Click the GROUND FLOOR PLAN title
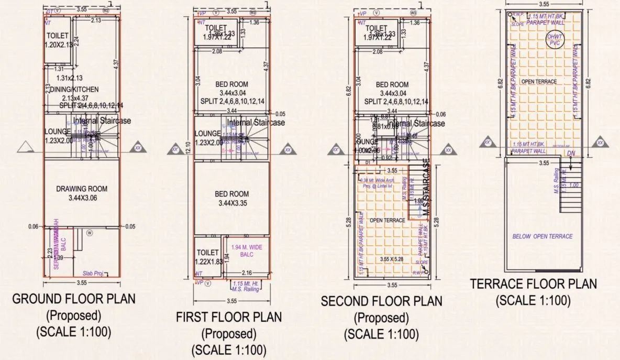click(73, 299)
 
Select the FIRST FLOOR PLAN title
click(228, 317)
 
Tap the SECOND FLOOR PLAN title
click(381, 301)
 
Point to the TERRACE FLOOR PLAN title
click(533, 284)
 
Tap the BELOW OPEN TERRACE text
click(542, 236)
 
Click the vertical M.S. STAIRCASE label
click(426, 183)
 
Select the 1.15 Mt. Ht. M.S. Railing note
click(246, 286)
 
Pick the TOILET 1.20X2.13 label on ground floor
click(58, 40)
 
